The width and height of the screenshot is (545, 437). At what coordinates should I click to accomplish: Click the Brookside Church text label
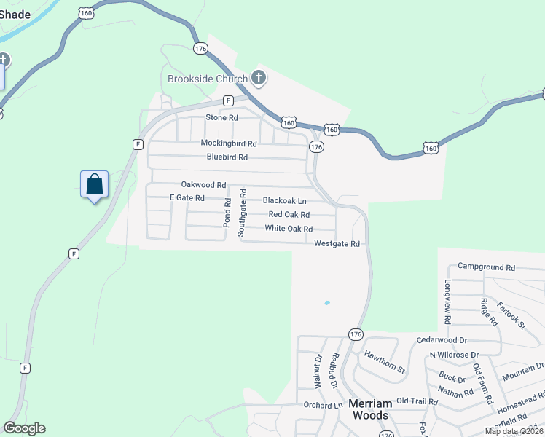pyautogui.click(x=208, y=79)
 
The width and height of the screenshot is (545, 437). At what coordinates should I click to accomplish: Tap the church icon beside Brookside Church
pyautogui.click(x=258, y=77)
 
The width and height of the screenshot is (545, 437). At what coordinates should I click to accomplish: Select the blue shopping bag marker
pyautogui.click(x=95, y=185)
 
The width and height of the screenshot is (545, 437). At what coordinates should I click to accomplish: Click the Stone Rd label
pyautogui.click(x=222, y=117)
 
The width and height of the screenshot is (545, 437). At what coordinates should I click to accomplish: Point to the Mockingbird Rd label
pyautogui.click(x=229, y=143)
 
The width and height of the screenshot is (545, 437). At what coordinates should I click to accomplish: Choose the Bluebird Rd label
pyautogui.click(x=227, y=157)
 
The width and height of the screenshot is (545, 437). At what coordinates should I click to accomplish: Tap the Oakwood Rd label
pyautogui.click(x=203, y=185)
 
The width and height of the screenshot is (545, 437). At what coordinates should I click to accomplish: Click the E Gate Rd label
pyautogui.click(x=187, y=198)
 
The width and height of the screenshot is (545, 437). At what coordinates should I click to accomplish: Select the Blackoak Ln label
pyautogui.click(x=284, y=200)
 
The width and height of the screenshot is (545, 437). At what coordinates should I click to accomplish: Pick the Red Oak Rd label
pyautogui.click(x=289, y=214)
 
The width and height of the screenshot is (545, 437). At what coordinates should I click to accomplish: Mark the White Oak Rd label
pyautogui.click(x=289, y=229)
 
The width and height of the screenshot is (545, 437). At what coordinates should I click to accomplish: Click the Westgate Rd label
pyautogui.click(x=337, y=244)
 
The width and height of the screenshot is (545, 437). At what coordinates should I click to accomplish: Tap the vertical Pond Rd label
pyautogui.click(x=227, y=213)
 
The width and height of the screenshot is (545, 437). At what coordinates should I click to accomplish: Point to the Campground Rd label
pyautogui.click(x=486, y=267)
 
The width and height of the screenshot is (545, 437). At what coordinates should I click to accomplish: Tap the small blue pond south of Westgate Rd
pyautogui.click(x=327, y=303)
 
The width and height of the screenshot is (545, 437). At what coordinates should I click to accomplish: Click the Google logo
pyautogui.click(x=24, y=428)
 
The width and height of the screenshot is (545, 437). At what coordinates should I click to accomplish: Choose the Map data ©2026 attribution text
pyautogui.click(x=514, y=431)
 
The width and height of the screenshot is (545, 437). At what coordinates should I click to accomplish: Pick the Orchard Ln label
pyautogui.click(x=323, y=406)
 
